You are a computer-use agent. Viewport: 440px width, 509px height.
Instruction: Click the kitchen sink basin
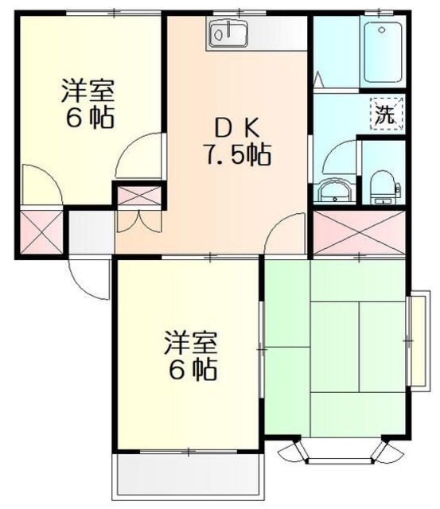coord(228,33)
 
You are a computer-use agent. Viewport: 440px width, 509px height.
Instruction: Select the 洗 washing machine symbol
coord(387,114)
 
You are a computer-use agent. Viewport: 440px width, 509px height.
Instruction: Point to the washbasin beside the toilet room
coord(335,192)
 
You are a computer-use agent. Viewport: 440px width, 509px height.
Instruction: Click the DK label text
coord(237,129)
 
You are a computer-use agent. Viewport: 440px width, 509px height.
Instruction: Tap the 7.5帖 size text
coord(237,155)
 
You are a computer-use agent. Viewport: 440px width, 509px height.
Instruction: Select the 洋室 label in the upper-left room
coord(88,91)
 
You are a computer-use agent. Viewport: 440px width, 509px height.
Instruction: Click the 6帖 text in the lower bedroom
coord(193,369)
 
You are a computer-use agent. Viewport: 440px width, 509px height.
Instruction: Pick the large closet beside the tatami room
coord(359,232)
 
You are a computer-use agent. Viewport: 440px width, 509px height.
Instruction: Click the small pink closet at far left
coord(41,231)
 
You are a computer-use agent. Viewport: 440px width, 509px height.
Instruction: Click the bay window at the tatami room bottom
coord(340,452)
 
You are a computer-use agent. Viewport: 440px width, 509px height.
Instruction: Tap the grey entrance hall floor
coord(92,232)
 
